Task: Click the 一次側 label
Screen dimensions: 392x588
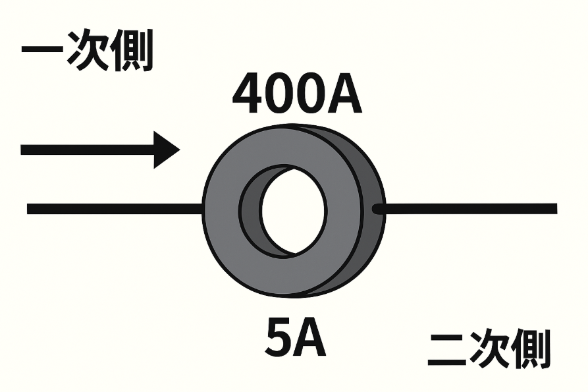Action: [87, 51]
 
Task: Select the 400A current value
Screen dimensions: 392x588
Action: [297, 94]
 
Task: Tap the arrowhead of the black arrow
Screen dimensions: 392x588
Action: [166, 150]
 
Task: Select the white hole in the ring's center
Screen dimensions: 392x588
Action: [294, 209]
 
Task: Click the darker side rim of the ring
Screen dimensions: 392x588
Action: [372, 237]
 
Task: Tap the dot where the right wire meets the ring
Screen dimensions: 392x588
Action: [377, 209]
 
